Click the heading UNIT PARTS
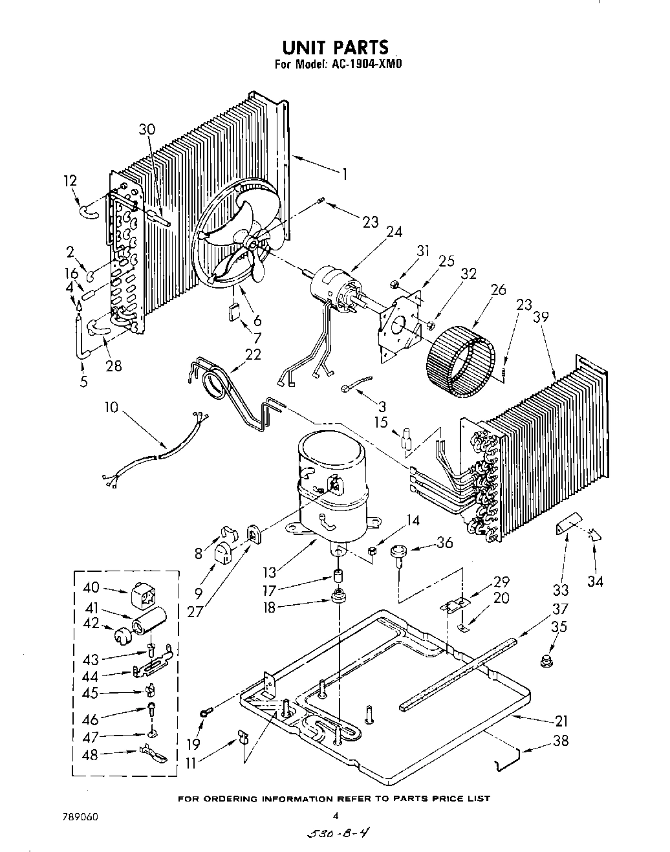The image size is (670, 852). coord(335,47)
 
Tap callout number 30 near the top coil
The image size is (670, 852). coord(147,129)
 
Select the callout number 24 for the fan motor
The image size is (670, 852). coord(394,232)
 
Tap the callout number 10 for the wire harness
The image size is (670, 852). coord(111,407)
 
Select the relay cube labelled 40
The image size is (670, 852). coord(142,595)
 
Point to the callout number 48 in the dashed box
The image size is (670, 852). coord(90,755)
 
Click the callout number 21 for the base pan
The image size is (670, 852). coord(561,721)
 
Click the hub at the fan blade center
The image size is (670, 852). coord(251,241)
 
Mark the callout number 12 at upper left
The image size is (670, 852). coord(70,180)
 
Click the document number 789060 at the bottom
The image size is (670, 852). coord(80,817)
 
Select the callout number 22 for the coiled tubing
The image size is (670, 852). coord(253,355)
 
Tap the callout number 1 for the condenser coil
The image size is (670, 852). coord(345,174)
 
